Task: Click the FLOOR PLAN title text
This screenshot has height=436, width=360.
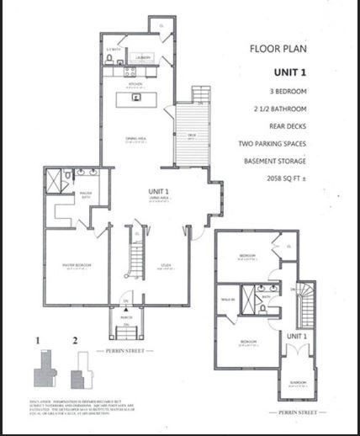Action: (x=282, y=48)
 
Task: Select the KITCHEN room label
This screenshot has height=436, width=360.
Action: (x=133, y=85)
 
